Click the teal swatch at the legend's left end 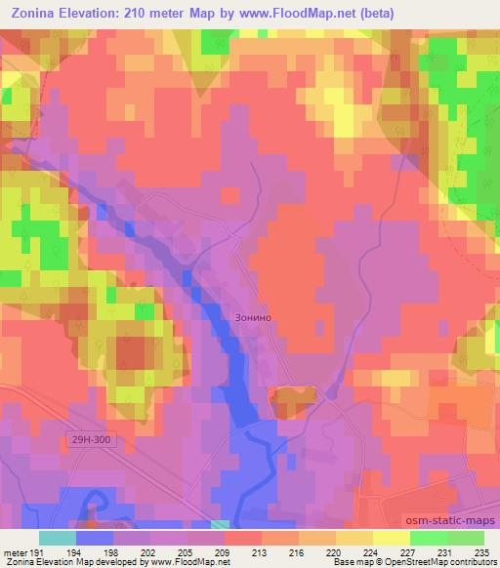pos(58,538)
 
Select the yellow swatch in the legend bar pos(392,538)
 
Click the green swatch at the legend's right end pos(466,538)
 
